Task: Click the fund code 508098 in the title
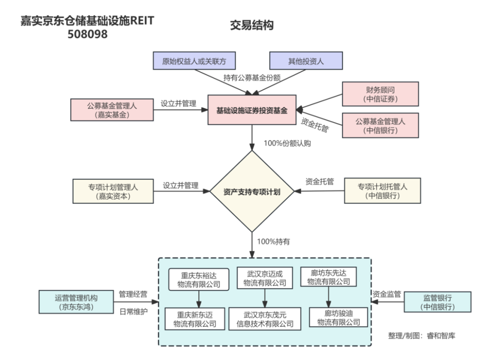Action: (x=88, y=34)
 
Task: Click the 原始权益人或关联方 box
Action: (x=193, y=61)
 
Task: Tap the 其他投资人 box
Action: (x=306, y=61)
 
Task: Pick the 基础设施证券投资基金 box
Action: (x=252, y=110)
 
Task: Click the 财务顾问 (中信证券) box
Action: (x=380, y=94)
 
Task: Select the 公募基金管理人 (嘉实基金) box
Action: (x=112, y=110)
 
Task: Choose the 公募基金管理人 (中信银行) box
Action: (x=380, y=126)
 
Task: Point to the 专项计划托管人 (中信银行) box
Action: (x=383, y=191)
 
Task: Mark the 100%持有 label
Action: (x=273, y=241)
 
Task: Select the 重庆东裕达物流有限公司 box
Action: (x=198, y=279)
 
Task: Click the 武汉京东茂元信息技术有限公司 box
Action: (x=265, y=319)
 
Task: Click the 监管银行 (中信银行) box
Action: (x=437, y=302)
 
